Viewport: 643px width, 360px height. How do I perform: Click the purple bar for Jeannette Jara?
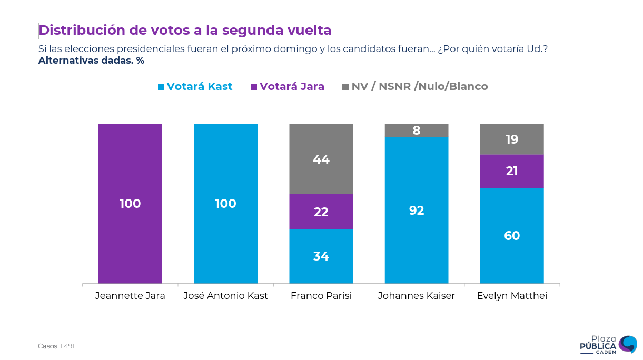pyautogui.click(x=130, y=204)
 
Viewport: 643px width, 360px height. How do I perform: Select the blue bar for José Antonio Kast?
pyautogui.click(x=225, y=204)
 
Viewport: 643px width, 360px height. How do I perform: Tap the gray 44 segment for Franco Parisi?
pyautogui.click(x=321, y=159)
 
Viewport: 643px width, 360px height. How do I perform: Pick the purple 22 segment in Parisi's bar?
pyautogui.click(x=321, y=212)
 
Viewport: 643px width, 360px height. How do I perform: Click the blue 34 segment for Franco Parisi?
pyautogui.click(x=321, y=256)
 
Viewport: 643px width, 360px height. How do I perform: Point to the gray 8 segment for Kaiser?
pyautogui.click(x=417, y=131)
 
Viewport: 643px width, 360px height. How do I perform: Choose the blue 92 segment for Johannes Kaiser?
pyautogui.click(x=417, y=210)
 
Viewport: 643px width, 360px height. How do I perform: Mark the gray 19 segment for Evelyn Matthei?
pyautogui.click(x=512, y=139)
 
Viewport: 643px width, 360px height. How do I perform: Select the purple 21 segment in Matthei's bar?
pyautogui.click(x=512, y=171)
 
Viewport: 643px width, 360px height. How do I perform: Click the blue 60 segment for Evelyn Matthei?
pyautogui.click(x=512, y=236)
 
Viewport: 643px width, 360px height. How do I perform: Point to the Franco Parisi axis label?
pyautogui.click(x=321, y=296)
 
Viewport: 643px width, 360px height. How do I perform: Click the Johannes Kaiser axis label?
pyautogui.click(x=417, y=296)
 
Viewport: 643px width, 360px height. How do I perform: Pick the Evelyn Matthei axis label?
pyautogui.click(x=512, y=296)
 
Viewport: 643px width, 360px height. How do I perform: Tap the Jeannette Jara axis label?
pyautogui.click(x=130, y=296)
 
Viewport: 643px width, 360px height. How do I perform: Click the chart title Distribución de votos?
pyautogui.click(x=185, y=30)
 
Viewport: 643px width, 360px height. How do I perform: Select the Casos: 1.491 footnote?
pyautogui.click(x=56, y=346)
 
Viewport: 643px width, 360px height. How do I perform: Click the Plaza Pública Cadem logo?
pyautogui.click(x=608, y=344)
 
